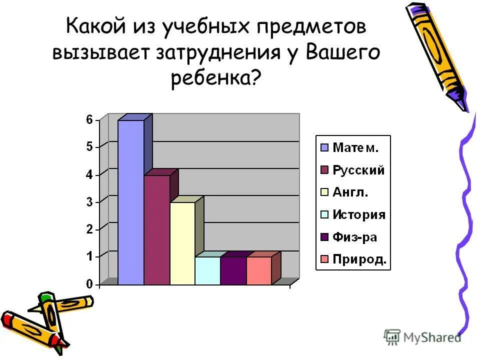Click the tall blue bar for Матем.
pyautogui.click(x=130, y=202)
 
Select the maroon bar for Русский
pyautogui.click(x=156, y=230)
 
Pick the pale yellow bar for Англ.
pyautogui.click(x=182, y=243)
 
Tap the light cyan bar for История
pyautogui.click(x=207, y=271)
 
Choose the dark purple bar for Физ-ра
pyautogui.click(x=233, y=271)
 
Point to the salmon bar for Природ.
pyautogui.click(x=259, y=271)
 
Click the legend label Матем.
pyautogui.click(x=356, y=147)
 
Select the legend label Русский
pyautogui.click(x=359, y=170)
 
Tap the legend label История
pyautogui.click(x=359, y=215)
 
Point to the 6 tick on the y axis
pyautogui.click(x=89, y=119)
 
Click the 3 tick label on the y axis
pyautogui.click(x=89, y=201)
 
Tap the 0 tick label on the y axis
pyautogui.click(x=89, y=284)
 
